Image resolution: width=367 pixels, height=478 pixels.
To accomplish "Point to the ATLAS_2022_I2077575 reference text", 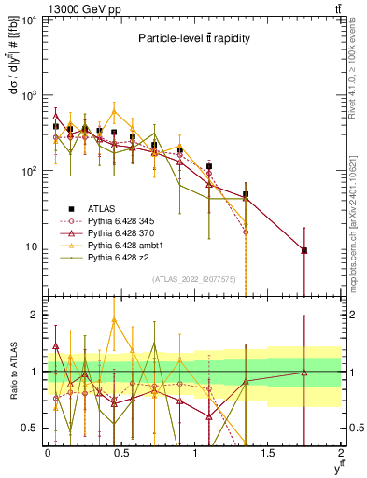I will (193, 279).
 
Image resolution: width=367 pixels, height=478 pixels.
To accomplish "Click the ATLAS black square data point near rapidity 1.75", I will (304, 250).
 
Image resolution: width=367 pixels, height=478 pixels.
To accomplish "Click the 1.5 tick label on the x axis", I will (267, 453).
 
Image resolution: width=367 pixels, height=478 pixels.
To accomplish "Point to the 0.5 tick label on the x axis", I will (120, 453).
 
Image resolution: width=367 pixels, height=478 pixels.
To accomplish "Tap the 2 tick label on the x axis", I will (341, 453).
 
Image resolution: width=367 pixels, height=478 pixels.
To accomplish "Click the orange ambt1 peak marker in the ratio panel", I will (114, 319).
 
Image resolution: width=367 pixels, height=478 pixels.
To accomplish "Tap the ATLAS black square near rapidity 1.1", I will (209, 166).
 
